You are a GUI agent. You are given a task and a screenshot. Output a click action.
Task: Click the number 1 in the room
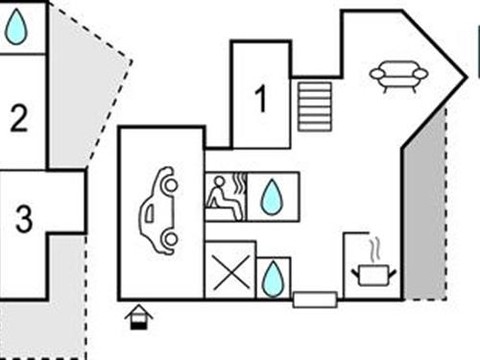pos(260,99)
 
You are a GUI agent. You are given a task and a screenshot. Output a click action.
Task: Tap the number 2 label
pos(19,119)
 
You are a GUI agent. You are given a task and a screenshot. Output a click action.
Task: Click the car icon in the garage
pos(159,210)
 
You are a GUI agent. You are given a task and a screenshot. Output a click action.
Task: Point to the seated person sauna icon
pos(223,198)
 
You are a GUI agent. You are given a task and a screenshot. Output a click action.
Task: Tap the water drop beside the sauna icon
pos(273,197)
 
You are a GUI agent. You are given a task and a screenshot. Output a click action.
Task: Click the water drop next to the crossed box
pos(274,277)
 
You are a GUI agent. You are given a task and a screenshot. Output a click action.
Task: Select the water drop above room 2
pos(16,27)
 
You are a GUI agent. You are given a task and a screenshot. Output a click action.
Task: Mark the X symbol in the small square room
pos(230,272)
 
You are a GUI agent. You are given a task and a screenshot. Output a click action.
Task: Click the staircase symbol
pos(314,106)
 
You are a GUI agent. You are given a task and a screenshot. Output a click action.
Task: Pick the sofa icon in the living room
pos(398,75)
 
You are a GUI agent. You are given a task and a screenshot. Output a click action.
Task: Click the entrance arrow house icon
pos(139,316)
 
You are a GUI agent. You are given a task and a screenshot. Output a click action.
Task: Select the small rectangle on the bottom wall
pos(315,300)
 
